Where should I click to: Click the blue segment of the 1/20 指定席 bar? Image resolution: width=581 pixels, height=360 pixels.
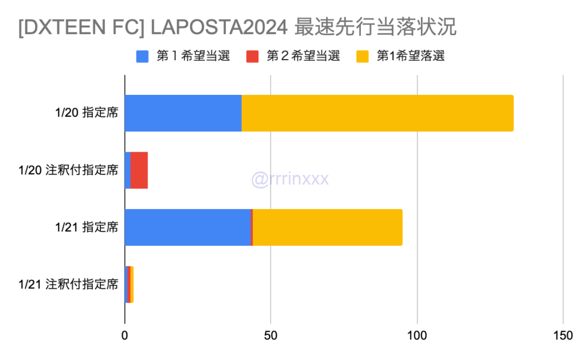[183, 113]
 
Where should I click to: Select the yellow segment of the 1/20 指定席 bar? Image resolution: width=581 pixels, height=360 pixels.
[377, 113]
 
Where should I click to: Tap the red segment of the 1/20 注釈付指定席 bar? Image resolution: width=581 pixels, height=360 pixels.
[139, 170]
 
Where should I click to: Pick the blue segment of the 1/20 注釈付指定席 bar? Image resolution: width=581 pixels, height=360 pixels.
[128, 170]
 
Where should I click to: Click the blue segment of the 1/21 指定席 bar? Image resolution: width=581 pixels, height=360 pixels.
[187, 227]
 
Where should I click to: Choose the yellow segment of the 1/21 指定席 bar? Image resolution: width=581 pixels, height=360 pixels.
[327, 227]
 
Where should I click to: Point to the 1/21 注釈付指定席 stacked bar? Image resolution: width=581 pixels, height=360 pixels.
[129, 284]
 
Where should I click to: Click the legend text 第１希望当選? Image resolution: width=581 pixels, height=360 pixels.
[193, 56]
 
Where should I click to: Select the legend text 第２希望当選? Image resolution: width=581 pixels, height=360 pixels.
[303, 56]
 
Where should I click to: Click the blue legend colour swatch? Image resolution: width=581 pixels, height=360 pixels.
[142, 56]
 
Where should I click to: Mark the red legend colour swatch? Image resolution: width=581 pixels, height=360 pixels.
[252, 56]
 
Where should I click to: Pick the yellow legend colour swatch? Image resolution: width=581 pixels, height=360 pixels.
[362, 56]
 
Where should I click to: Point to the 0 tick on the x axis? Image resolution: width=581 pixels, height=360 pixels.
[125, 336]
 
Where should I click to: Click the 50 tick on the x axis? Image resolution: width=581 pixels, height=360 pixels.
[271, 336]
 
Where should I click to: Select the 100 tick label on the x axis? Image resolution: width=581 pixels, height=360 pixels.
[417, 336]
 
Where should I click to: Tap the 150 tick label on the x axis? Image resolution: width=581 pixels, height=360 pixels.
[563, 336]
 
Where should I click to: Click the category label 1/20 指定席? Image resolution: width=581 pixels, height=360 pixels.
[87, 113]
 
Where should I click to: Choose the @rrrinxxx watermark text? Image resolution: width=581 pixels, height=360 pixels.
[290, 179]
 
